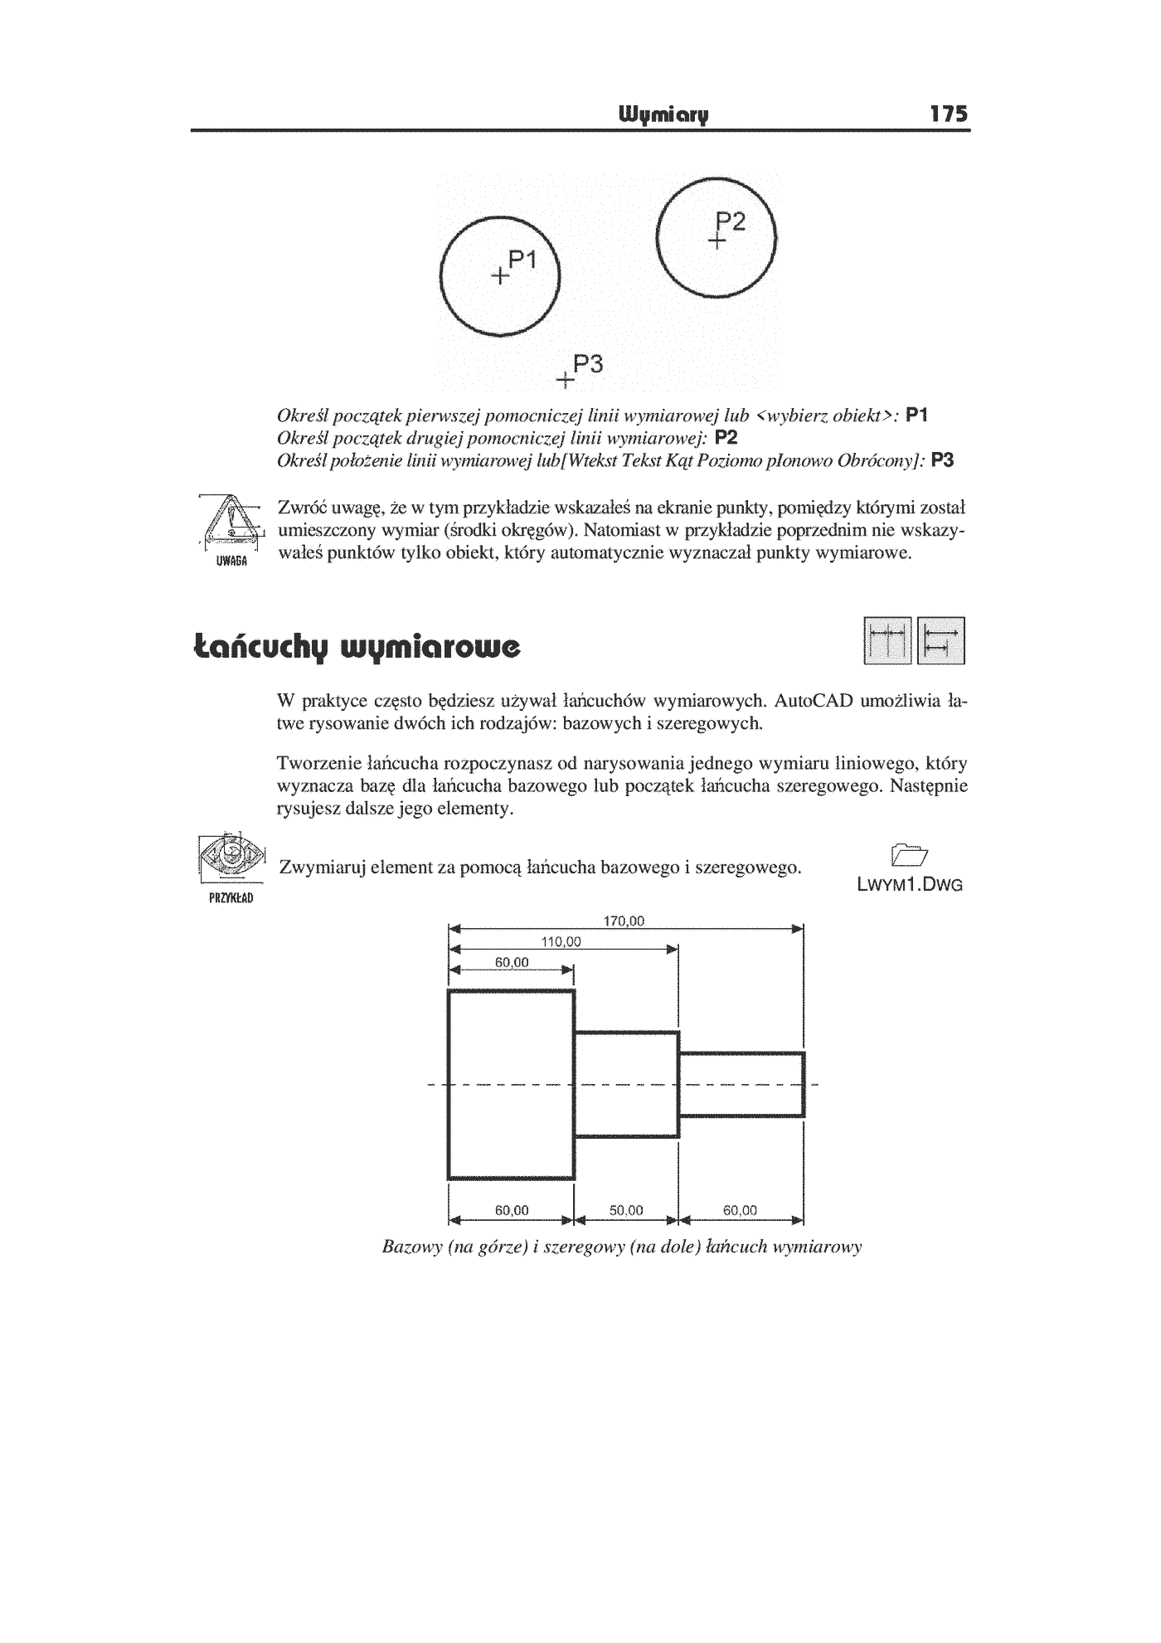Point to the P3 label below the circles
588,364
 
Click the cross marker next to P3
565,382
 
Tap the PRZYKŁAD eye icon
231,867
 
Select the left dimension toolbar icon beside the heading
887,641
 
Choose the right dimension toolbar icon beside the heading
942,641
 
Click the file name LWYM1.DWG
910,885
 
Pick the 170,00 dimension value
626,921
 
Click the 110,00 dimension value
561,941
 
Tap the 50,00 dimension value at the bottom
626,1210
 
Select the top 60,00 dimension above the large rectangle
512,962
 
